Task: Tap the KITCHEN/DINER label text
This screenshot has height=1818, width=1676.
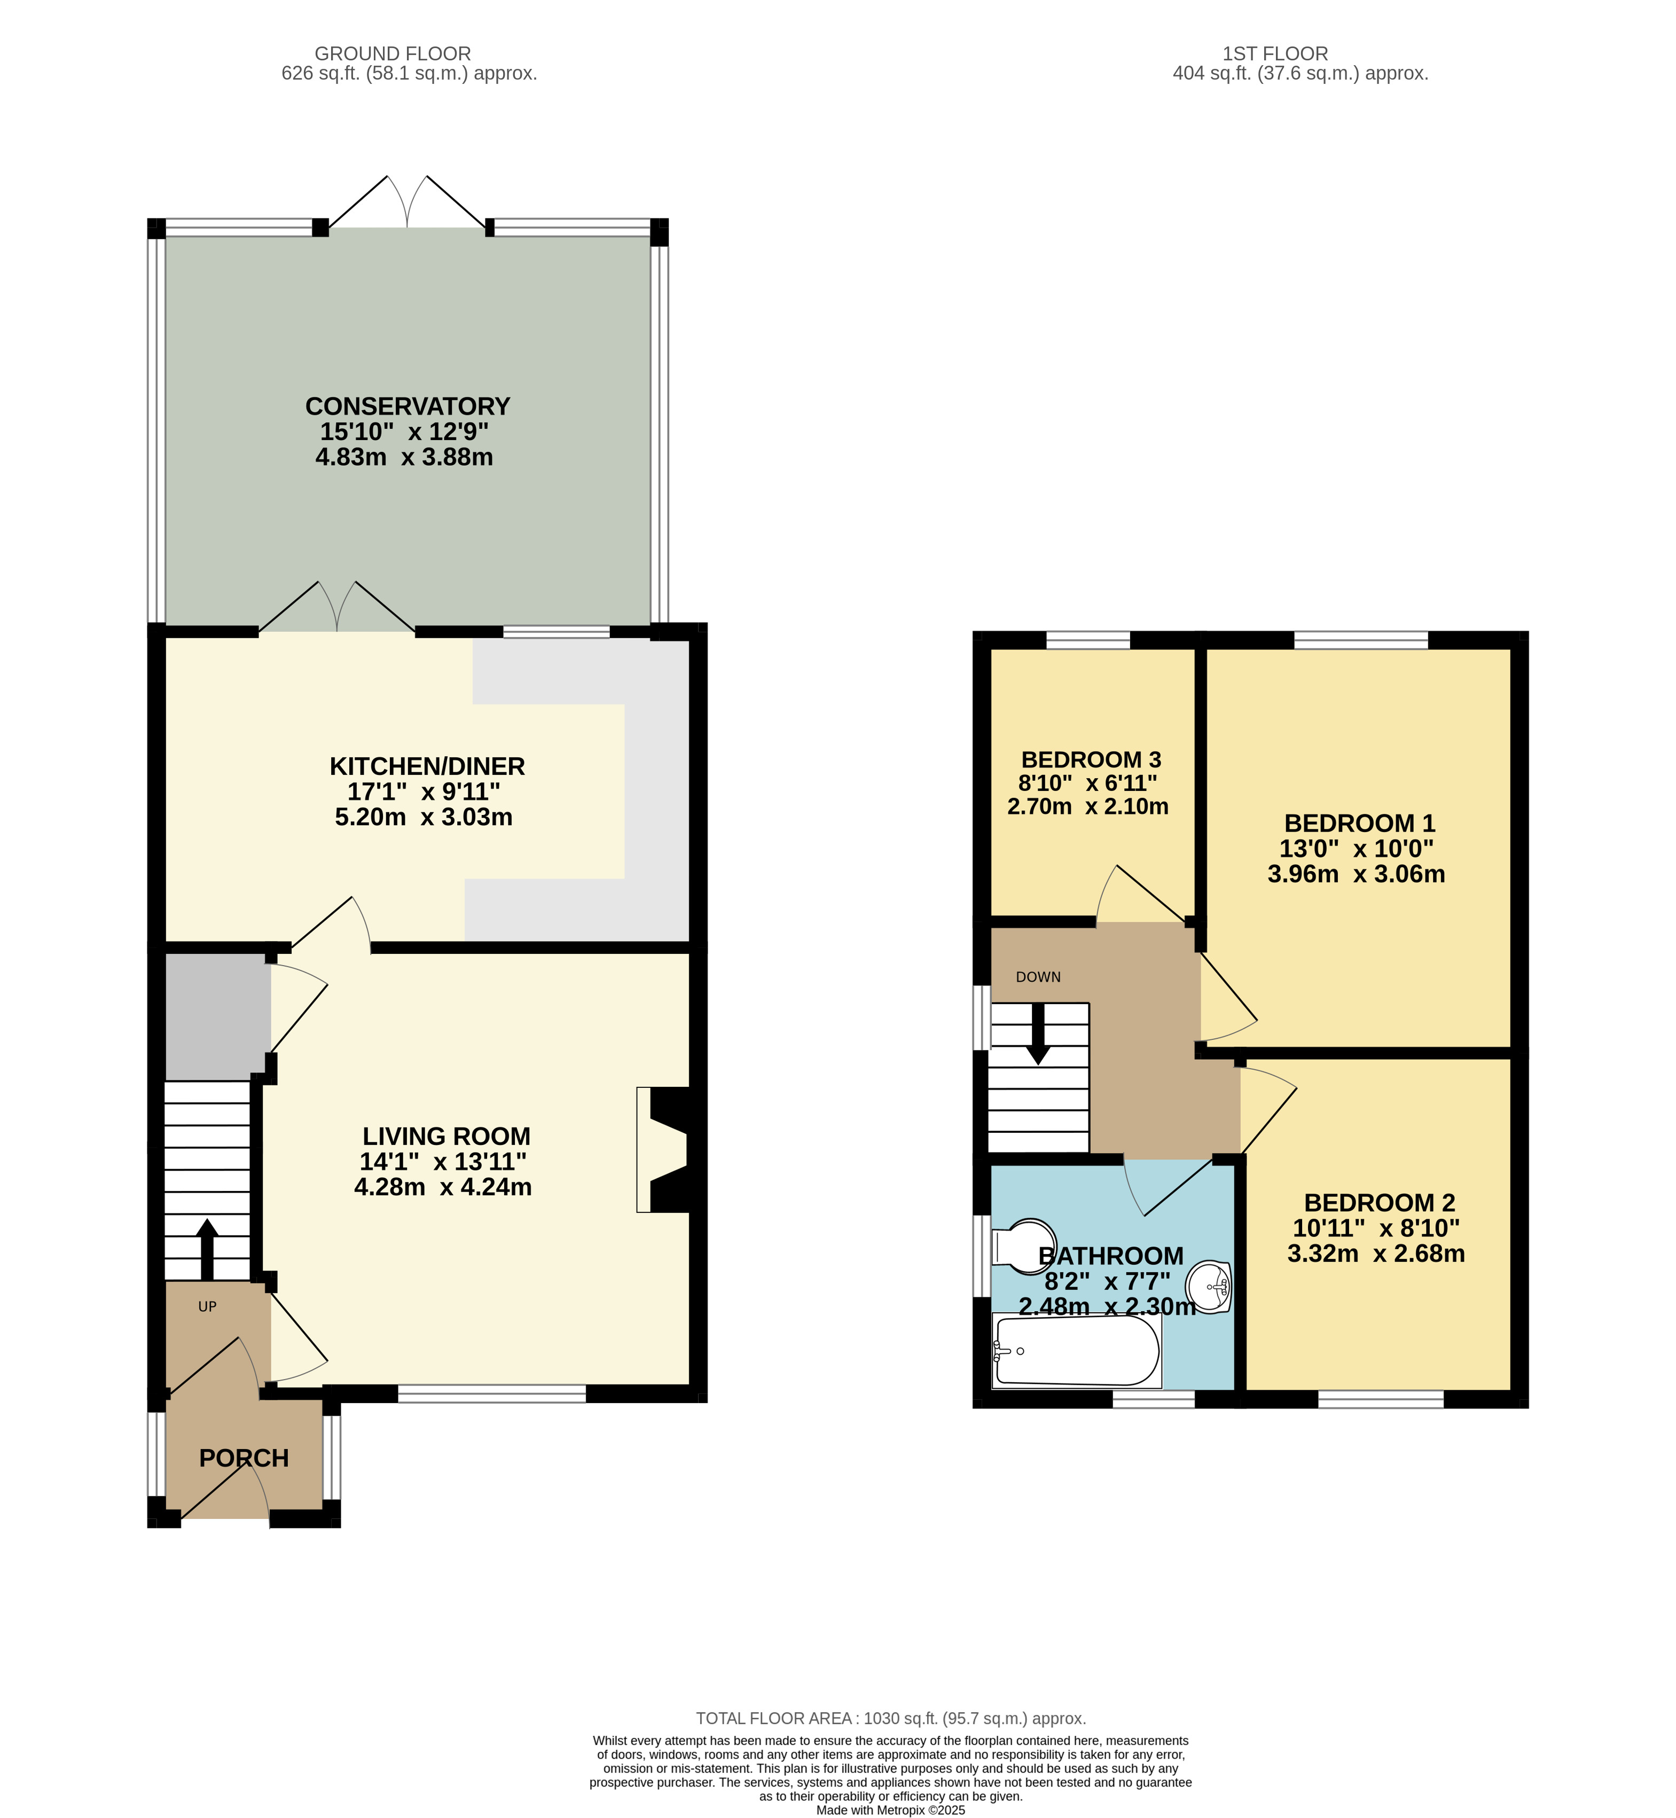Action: [427, 766]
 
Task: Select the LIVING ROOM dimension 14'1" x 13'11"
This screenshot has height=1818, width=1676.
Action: [443, 1162]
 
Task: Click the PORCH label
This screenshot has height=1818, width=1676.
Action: [244, 1458]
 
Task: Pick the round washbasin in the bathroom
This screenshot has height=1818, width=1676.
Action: [1209, 1286]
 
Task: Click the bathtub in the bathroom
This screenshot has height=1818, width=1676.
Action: [1077, 1351]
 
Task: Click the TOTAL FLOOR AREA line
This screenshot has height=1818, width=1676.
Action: [890, 1718]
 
